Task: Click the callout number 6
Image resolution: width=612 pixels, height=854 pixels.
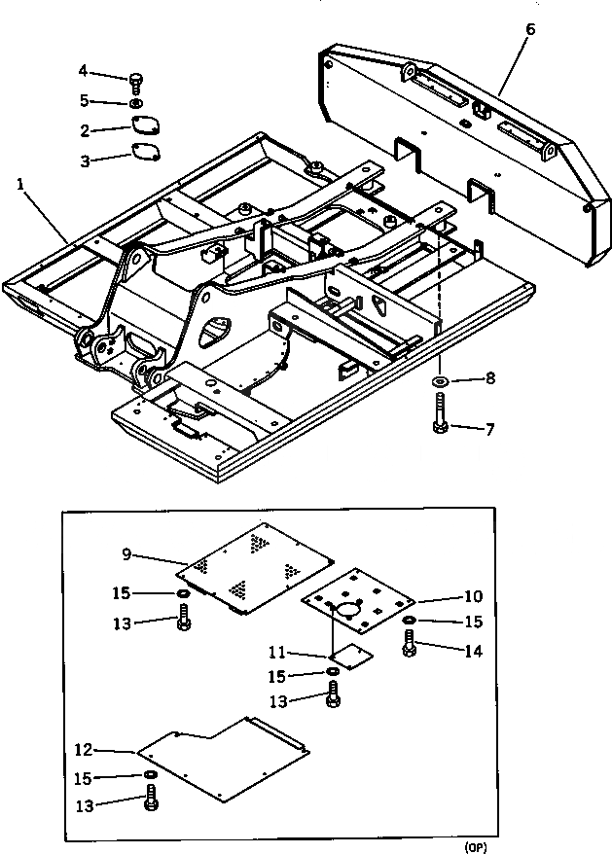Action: pos(529,28)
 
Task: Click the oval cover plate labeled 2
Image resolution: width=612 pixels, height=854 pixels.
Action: pos(146,127)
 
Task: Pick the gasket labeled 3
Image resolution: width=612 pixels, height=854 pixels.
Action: pos(146,153)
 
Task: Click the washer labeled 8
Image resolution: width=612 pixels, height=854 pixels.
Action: pos(440,379)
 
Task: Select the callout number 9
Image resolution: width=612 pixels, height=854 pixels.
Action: pos(126,555)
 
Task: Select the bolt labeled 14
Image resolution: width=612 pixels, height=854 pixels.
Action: pos(410,643)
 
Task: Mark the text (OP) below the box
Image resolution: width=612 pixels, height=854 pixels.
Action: pos(476,846)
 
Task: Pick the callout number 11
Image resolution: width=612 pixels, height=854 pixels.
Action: pos(276,653)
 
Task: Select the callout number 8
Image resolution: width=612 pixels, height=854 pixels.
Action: pos(490,378)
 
